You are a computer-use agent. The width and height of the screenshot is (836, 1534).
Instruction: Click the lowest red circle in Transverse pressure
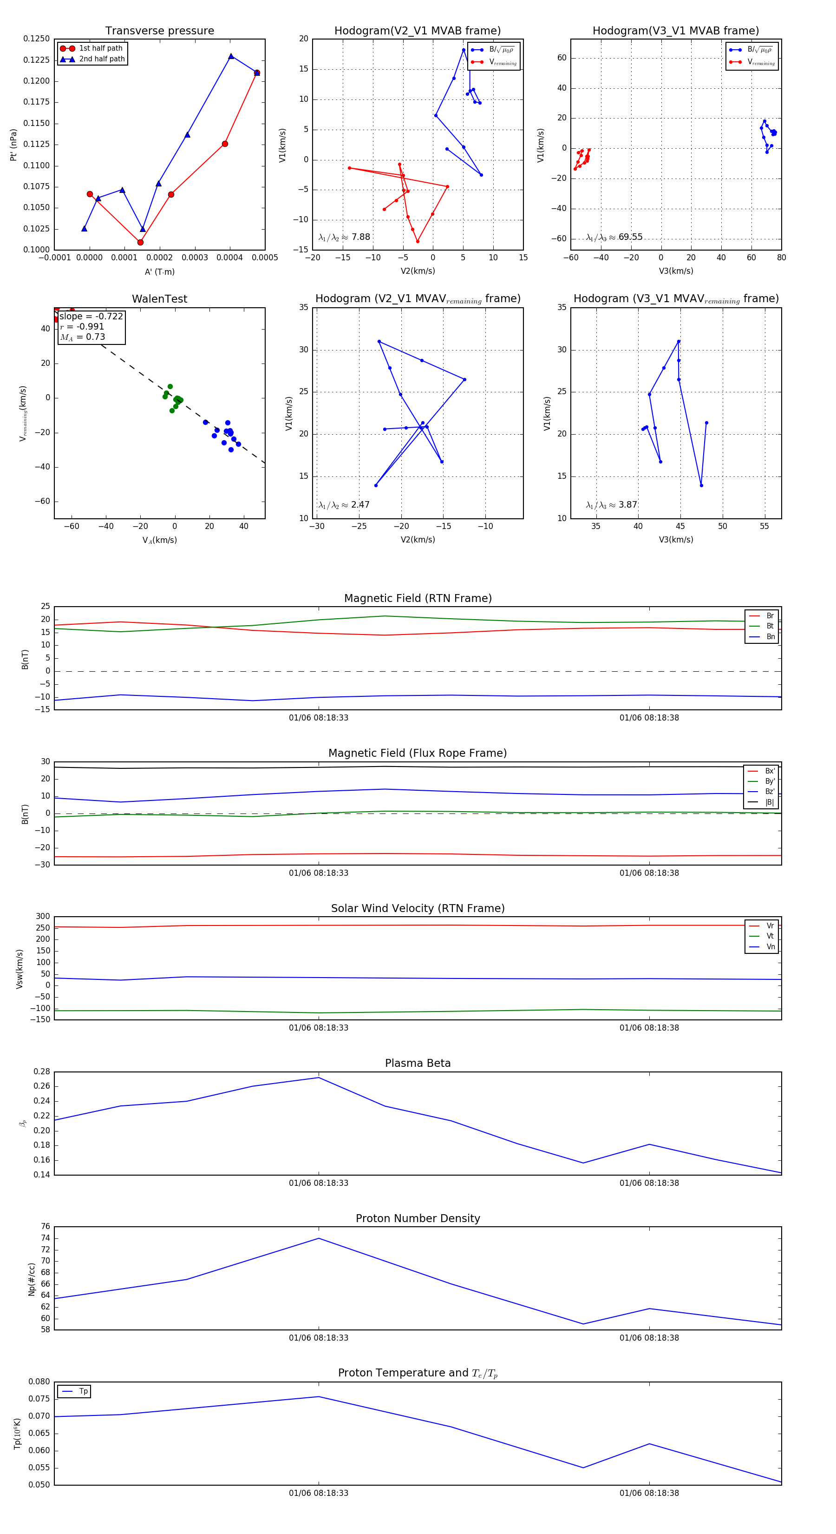click(x=140, y=242)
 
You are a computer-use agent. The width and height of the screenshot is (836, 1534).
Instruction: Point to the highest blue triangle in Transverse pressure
click(x=231, y=56)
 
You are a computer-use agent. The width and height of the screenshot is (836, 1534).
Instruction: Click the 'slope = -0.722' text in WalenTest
click(x=91, y=316)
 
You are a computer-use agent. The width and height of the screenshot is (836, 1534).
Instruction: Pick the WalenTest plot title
click(x=159, y=299)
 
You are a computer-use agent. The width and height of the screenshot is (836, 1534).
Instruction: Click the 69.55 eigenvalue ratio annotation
click(x=630, y=237)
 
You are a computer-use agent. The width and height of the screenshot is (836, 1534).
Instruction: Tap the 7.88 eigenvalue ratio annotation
click(x=360, y=237)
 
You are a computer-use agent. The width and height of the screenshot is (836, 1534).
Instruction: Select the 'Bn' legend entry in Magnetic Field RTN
click(x=770, y=636)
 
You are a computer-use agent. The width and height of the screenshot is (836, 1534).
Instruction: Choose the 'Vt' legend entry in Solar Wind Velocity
click(x=770, y=936)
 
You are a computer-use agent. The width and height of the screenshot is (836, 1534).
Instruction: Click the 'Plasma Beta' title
click(x=418, y=1063)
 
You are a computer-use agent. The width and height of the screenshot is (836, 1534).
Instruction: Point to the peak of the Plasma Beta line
click(x=319, y=1077)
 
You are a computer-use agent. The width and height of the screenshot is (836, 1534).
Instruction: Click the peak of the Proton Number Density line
click(x=319, y=1238)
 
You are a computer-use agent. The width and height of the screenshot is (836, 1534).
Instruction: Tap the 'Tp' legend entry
click(x=83, y=1391)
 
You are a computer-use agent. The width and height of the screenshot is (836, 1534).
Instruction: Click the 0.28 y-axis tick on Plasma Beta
click(x=42, y=1071)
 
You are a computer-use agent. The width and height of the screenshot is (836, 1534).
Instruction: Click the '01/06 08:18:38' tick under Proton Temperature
click(x=649, y=1493)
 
